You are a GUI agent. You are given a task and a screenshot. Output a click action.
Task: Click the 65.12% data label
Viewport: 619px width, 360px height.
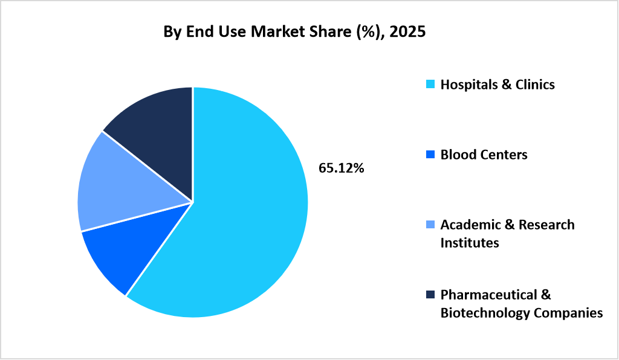click(x=342, y=169)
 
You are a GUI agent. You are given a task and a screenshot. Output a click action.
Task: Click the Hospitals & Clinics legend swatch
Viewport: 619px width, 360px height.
click(x=430, y=85)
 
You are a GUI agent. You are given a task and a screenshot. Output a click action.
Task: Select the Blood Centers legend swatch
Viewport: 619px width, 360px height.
click(x=430, y=155)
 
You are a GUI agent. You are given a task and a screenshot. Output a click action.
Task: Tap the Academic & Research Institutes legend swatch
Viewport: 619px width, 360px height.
click(x=430, y=225)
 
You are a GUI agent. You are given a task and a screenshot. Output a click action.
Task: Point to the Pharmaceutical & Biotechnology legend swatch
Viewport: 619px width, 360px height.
click(x=430, y=295)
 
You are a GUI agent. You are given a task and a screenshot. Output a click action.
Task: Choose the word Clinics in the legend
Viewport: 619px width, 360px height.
click(x=534, y=85)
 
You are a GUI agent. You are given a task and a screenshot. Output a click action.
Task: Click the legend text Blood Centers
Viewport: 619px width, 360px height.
click(x=484, y=155)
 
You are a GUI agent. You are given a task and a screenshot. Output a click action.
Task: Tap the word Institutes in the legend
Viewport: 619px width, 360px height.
click(x=470, y=243)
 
